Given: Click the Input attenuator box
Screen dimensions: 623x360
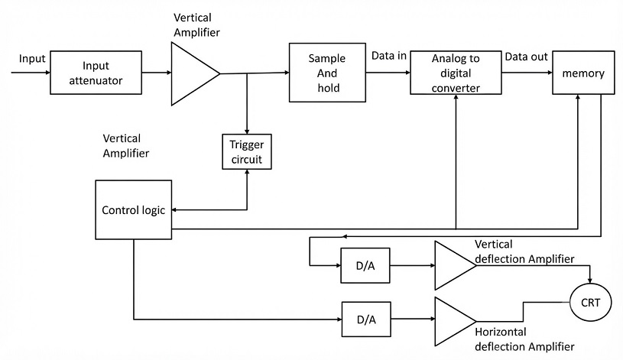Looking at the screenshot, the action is [x=96, y=73].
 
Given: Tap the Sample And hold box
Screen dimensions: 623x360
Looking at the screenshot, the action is [x=327, y=73].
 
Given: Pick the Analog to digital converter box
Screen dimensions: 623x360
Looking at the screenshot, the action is [x=456, y=73].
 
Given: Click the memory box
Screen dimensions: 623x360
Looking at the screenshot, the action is [x=583, y=73].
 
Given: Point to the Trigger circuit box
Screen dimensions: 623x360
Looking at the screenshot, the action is [x=247, y=152].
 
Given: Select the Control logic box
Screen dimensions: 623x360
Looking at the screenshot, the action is [x=134, y=209].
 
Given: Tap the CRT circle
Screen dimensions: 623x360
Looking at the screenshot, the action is [x=590, y=303].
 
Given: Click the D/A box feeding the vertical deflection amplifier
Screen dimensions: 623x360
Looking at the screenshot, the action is [x=365, y=265].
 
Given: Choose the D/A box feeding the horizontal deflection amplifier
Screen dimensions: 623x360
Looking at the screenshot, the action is [x=366, y=319].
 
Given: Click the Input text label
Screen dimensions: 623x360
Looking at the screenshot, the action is [x=32, y=59].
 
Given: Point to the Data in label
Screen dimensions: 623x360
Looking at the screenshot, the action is [x=389, y=56].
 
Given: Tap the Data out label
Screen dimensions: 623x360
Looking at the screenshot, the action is [x=526, y=57].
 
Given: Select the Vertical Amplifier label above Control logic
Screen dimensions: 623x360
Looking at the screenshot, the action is [x=126, y=146].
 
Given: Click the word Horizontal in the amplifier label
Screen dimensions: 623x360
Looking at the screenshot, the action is [x=501, y=332].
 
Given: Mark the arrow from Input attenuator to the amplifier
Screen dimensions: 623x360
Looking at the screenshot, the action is [x=157, y=73].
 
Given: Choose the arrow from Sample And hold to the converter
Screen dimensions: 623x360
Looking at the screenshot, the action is [x=388, y=73].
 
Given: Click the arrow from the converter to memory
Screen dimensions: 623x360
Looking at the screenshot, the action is [x=527, y=73].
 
